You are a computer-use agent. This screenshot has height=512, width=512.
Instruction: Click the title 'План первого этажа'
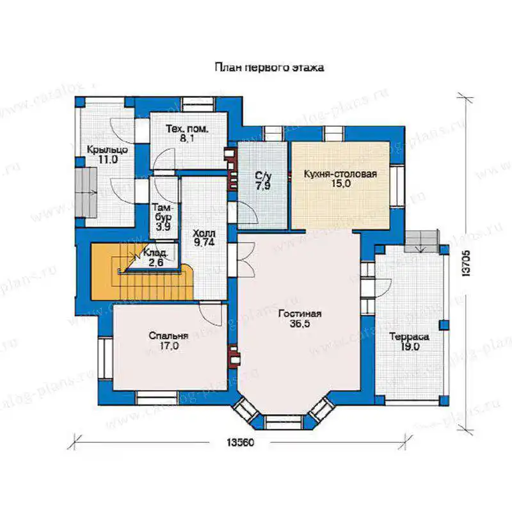tap(269, 68)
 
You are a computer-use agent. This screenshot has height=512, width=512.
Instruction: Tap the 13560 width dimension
tap(240, 442)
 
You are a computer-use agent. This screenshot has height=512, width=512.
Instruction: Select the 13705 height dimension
tap(467, 264)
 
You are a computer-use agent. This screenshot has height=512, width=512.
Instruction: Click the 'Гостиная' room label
tap(300, 314)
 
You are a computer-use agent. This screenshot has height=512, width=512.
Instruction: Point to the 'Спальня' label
tap(168, 335)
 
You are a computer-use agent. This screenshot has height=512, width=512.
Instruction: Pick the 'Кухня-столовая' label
tap(340, 173)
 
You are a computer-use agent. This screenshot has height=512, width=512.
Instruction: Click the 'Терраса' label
tap(410, 337)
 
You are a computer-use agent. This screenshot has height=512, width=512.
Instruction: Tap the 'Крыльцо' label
tap(107, 150)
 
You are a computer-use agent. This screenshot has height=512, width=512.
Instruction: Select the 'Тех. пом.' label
tap(187, 129)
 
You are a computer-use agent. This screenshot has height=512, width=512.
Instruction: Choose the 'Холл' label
tap(204, 233)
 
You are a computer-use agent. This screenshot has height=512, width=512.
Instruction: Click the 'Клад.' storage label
tap(156, 253)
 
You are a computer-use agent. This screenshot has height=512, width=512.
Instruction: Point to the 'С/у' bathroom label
tap(263, 177)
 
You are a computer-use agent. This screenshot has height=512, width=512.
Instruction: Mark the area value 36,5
tap(300, 324)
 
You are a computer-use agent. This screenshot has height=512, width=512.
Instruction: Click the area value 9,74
tap(204, 243)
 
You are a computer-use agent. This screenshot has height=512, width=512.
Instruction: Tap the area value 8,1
tap(187, 139)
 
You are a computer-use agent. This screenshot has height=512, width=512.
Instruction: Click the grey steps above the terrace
tap(421, 241)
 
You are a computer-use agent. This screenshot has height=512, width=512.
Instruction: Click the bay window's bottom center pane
tap(283, 422)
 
